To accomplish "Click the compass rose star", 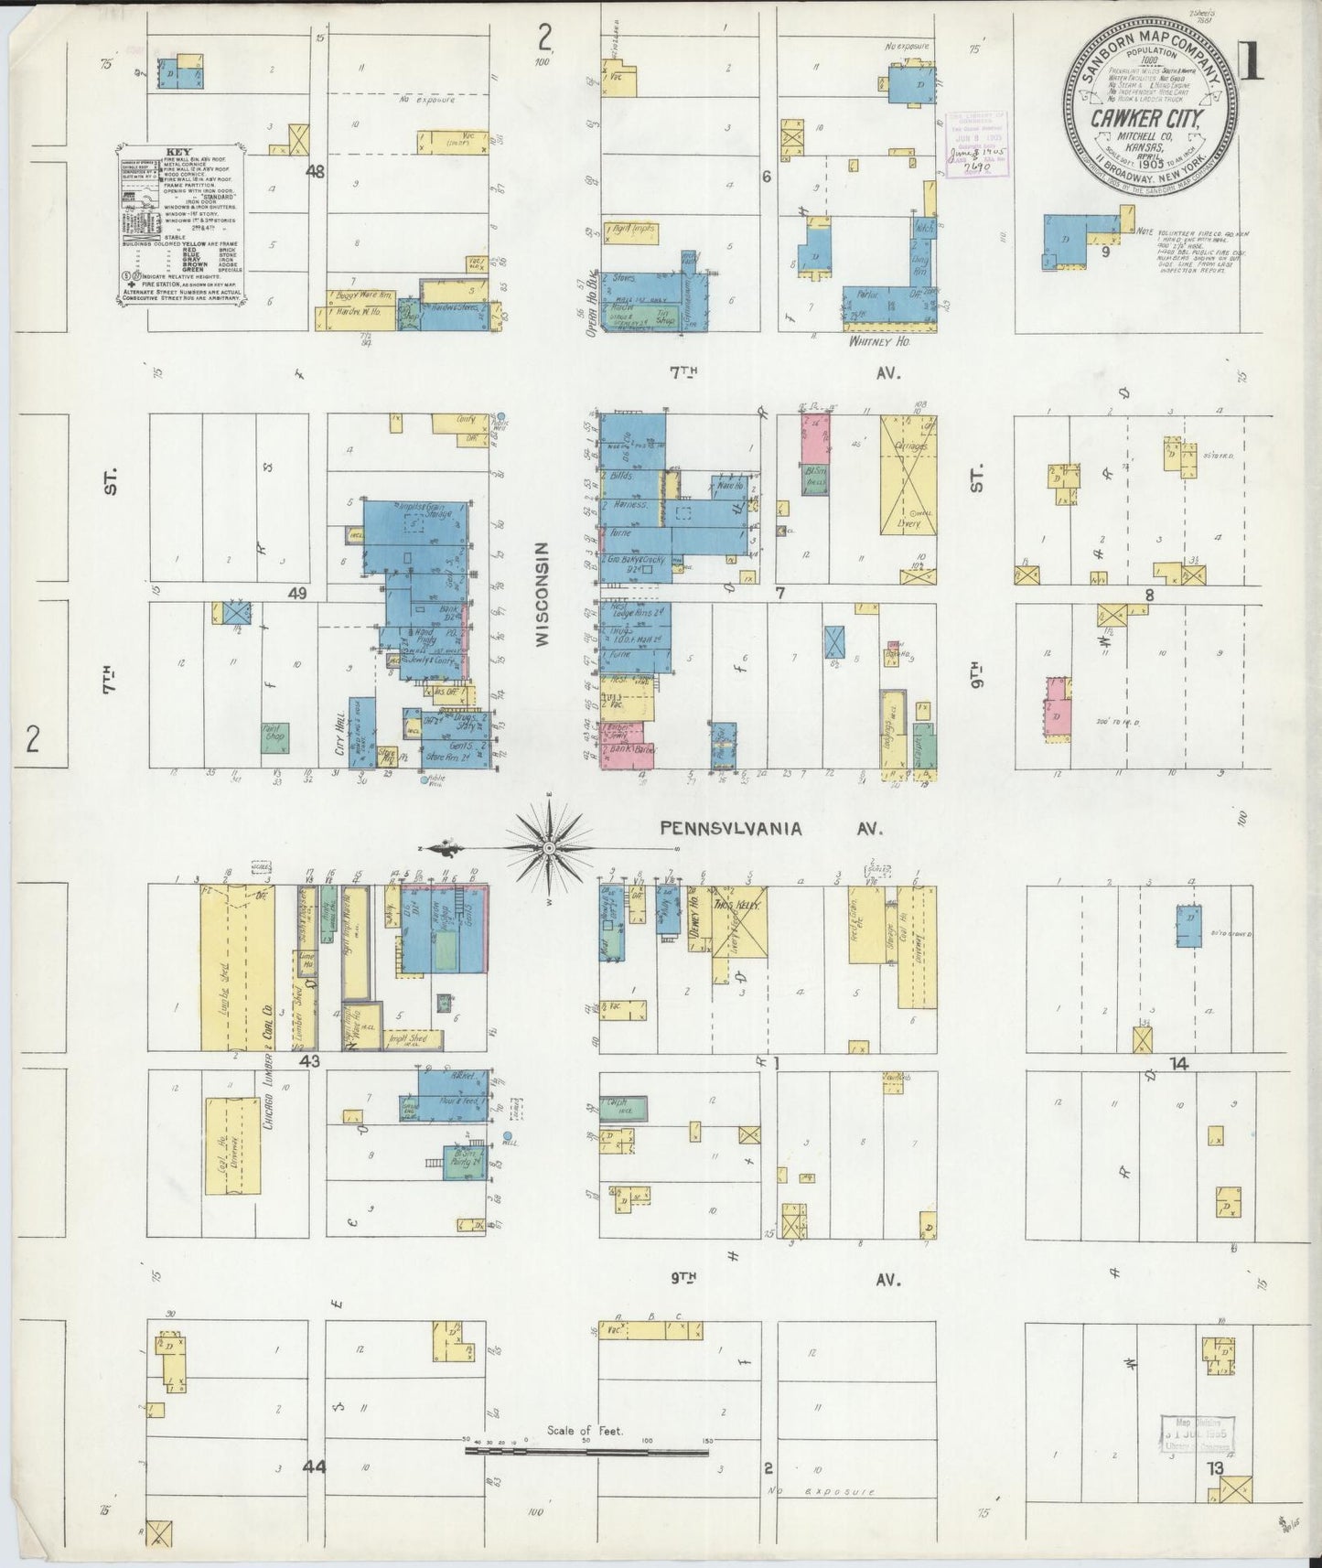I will coord(549,848).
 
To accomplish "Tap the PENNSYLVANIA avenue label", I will coord(731,829).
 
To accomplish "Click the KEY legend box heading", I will coord(178,152).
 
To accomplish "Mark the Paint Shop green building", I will coord(274,736).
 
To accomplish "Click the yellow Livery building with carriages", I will coord(908,475).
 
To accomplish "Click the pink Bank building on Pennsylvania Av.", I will coord(618,756).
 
